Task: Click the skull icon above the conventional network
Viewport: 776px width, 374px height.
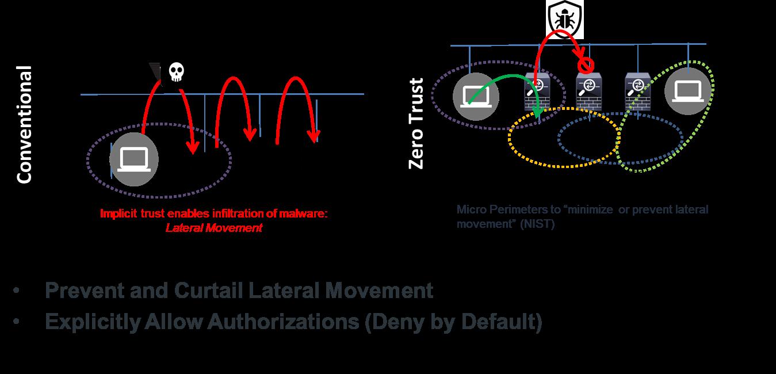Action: (175, 72)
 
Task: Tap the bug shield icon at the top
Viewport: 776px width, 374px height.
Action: (565, 20)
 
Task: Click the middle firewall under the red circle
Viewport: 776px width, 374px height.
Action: (589, 92)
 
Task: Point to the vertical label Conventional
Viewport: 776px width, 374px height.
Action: (24, 125)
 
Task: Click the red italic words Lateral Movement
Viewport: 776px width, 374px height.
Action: (213, 228)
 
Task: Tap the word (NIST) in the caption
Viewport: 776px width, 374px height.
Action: (538, 224)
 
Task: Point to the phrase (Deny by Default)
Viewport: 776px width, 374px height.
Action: (453, 322)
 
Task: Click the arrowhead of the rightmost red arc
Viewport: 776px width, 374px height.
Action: (314, 137)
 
